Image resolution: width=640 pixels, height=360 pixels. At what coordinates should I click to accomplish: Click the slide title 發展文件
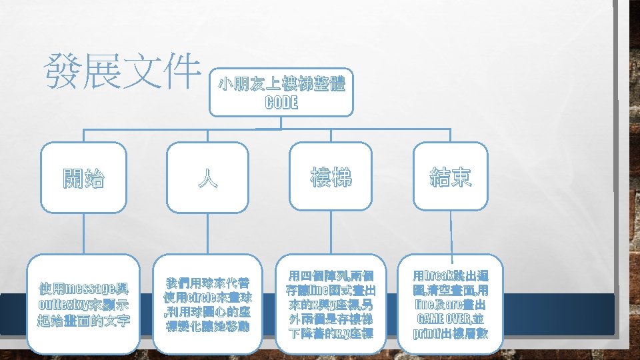[121, 73]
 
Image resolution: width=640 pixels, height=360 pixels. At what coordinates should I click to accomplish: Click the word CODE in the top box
[281, 103]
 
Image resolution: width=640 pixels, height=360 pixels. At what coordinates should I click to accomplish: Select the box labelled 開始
[84, 178]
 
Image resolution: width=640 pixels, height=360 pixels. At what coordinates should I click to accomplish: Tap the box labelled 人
[209, 178]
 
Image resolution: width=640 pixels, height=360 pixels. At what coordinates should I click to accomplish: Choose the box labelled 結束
[450, 177]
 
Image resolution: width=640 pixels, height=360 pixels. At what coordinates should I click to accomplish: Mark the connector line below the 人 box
[209, 233]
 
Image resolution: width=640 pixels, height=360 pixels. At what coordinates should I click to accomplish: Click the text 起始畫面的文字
[84, 322]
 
